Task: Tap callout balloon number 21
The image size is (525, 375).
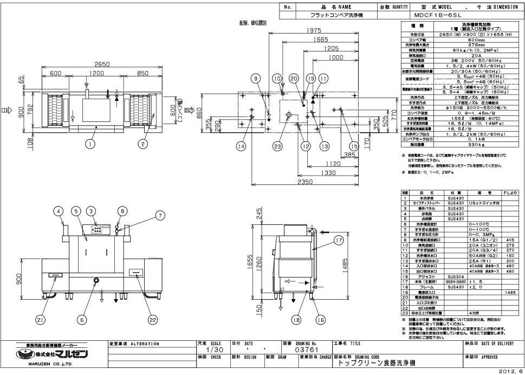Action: (x=41, y=320)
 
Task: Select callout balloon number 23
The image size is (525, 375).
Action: (x=277, y=145)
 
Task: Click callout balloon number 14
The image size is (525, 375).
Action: (x=241, y=145)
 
